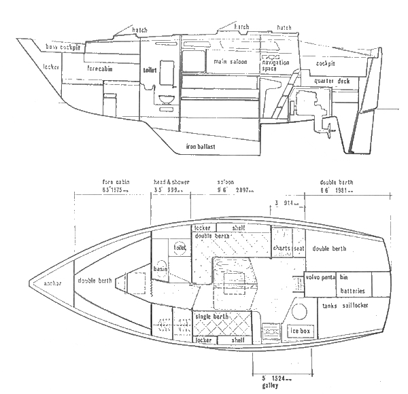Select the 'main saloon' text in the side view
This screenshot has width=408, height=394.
pyautogui.click(x=228, y=62)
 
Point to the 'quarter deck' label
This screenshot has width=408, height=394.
pyautogui.click(x=332, y=82)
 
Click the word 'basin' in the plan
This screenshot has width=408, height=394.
pyautogui.click(x=161, y=267)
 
